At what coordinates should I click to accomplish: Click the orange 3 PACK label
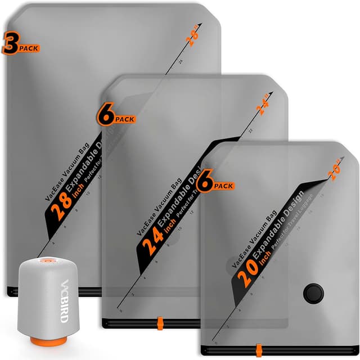20,44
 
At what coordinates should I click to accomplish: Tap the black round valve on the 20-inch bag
312,293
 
